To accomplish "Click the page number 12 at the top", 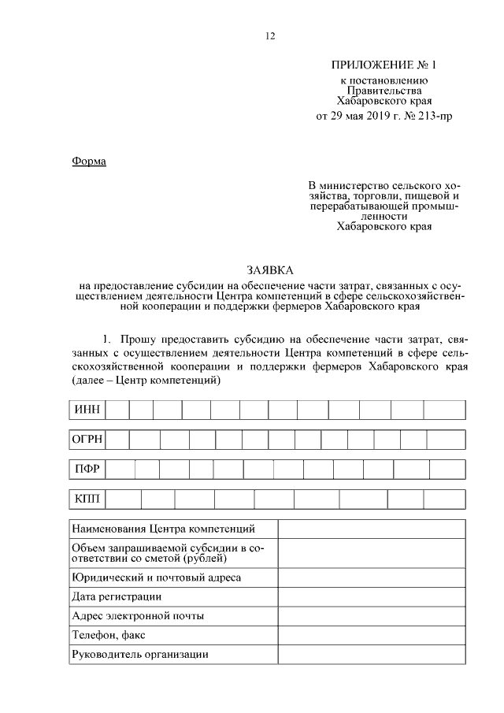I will tap(271, 35).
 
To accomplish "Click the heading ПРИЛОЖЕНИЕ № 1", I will tap(384, 65).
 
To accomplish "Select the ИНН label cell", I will tap(86, 410).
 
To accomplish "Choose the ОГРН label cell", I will tap(87, 440).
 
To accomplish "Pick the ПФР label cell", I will tap(86, 470).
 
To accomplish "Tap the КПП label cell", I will tap(86, 499).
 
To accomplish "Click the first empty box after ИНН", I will tap(117, 410).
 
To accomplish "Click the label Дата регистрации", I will tap(117, 596).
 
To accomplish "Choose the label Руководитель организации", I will tap(139, 654).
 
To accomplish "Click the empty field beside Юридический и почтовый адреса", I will tap(371, 577).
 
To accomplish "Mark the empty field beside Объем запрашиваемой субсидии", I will tap(371, 553).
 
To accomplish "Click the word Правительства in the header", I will tap(384, 90).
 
